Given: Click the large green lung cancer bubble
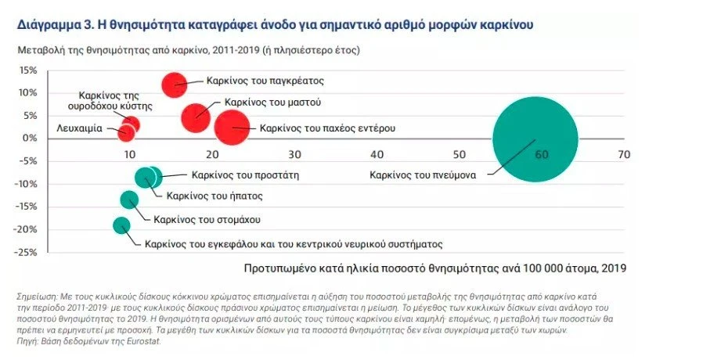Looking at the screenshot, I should point(535,139).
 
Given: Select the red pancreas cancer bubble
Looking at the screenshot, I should point(175,85).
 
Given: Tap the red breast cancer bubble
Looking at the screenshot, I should point(196,117).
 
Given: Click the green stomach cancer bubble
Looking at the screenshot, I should point(129,200).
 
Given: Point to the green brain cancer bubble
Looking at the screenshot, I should point(121,225).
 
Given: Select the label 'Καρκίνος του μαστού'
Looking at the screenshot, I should point(272,102).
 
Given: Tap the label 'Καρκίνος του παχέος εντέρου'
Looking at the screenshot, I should point(327,127).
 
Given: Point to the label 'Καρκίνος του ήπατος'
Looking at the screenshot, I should point(214,196).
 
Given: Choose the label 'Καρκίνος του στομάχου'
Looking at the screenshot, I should point(207,220).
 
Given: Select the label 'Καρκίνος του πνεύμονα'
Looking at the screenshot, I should point(423,175).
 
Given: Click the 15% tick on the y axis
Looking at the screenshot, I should point(27,70).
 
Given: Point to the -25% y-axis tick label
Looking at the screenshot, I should point(26,253).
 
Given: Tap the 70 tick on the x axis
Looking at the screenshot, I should point(623,155).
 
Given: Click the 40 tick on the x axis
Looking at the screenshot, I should point(377,155).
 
